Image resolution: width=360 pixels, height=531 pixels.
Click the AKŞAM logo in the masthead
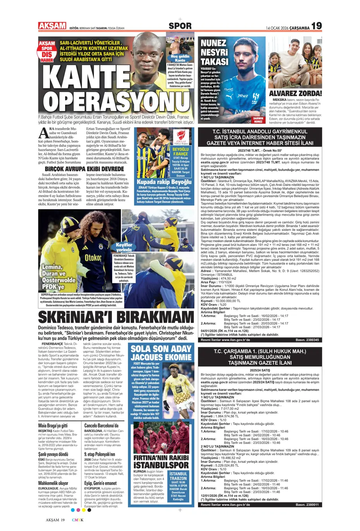click(x=52, y=26)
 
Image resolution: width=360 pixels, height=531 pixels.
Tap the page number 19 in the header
click(x=316, y=26)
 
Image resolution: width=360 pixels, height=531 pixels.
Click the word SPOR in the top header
click(x=180, y=26)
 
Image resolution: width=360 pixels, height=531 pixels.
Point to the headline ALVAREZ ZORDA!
click(x=295, y=93)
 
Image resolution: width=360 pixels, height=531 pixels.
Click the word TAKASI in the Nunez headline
click(x=214, y=62)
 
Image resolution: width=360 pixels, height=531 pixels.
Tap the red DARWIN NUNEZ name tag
click(x=258, y=120)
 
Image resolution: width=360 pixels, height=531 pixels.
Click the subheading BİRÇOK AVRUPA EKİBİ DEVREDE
click(x=84, y=169)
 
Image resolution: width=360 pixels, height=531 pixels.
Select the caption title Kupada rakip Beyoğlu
click(x=164, y=182)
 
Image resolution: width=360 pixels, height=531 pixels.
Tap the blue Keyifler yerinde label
click(x=124, y=247)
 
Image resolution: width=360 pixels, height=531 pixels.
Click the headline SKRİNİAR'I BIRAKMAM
click(x=116, y=317)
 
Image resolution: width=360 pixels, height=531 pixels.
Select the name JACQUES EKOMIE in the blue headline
click(x=161, y=357)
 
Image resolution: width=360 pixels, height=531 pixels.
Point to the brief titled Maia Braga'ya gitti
click(x=53, y=425)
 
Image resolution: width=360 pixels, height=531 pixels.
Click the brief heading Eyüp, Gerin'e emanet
click(x=100, y=483)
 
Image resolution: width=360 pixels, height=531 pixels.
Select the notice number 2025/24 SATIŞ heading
click(x=260, y=370)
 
